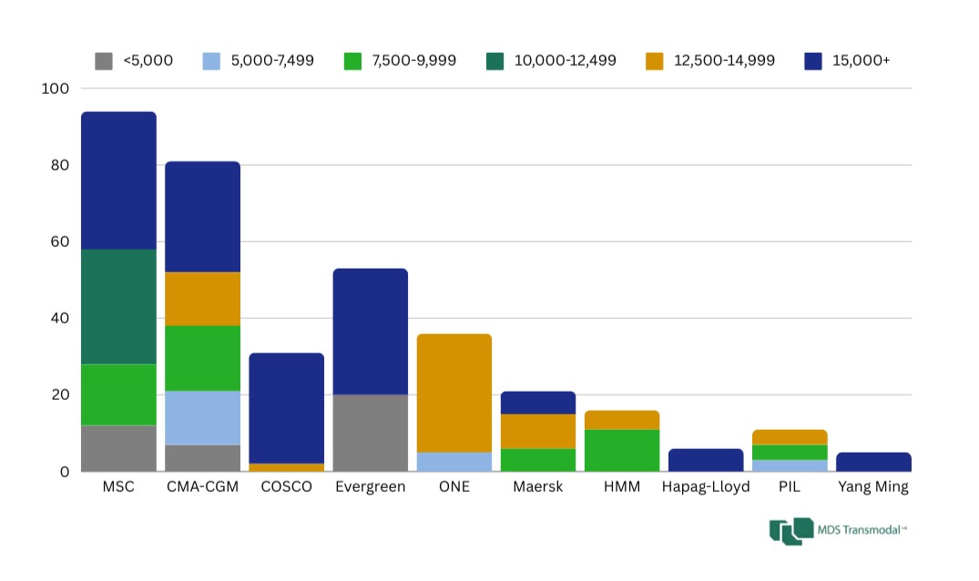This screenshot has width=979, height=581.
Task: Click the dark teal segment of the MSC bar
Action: coord(118,306)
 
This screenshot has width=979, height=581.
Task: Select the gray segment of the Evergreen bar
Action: coord(371,433)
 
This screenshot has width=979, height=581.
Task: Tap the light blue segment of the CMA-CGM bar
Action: coord(202,418)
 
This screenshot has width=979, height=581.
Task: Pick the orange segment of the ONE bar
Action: coord(454,392)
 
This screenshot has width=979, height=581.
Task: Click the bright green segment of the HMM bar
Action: coord(622,450)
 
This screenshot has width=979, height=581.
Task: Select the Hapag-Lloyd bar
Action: coord(706,460)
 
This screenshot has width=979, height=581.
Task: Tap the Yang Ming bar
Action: coord(873,462)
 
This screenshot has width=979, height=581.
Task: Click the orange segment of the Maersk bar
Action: coord(538,431)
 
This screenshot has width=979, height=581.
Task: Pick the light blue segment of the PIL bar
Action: coord(790,465)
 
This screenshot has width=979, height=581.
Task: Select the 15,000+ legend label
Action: coord(861,61)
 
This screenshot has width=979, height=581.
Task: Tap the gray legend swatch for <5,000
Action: coord(104,61)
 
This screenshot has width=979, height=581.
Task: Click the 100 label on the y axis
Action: coord(55,88)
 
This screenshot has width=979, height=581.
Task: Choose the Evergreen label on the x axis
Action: coord(371,487)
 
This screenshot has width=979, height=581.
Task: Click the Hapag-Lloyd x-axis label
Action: coord(706,487)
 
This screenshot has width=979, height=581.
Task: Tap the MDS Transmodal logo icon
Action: coord(790,531)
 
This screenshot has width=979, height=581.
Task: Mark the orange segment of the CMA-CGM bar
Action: coord(202,299)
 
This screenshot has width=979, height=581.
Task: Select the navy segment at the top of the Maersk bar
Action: coord(538,403)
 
